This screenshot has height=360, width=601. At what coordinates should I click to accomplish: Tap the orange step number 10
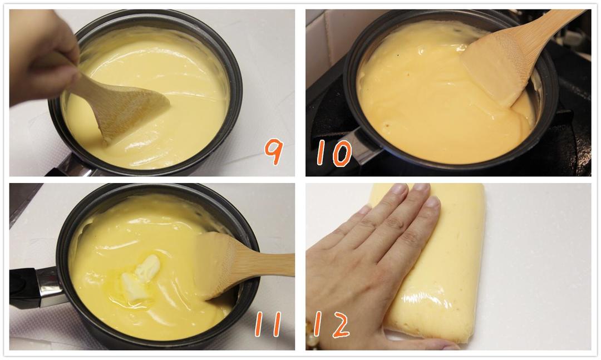(x=334, y=153)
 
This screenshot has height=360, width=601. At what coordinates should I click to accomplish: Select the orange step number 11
(x=268, y=324)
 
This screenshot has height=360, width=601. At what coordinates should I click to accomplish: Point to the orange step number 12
(x=332, y=325)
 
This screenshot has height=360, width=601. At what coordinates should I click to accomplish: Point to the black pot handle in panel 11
(x=22, y=288)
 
